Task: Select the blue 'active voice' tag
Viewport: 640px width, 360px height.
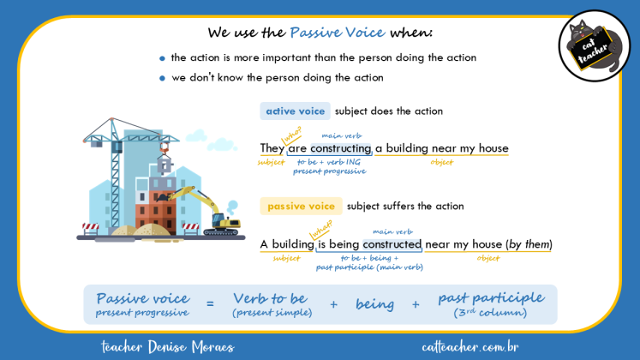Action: [295, 111]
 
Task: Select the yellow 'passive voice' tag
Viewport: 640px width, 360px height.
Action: [301, 207]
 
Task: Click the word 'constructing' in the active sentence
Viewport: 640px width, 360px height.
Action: [340, 149]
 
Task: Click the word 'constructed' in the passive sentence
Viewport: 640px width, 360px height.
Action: [391, 244]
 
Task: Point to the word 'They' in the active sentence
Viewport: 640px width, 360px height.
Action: [272, 149]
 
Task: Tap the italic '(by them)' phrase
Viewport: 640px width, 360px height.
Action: [529, 244]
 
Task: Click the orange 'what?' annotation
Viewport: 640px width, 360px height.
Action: [321, 228]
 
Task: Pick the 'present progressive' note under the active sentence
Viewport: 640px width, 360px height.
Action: [329, 171]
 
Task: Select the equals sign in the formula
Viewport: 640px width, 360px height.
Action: [210, 303]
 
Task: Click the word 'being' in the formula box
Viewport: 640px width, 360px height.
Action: [374, 304]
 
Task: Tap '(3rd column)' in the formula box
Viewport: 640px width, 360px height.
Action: [490, 312]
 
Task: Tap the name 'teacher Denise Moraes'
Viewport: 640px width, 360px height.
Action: [167, 346]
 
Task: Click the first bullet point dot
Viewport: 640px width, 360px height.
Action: [162, 58]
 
